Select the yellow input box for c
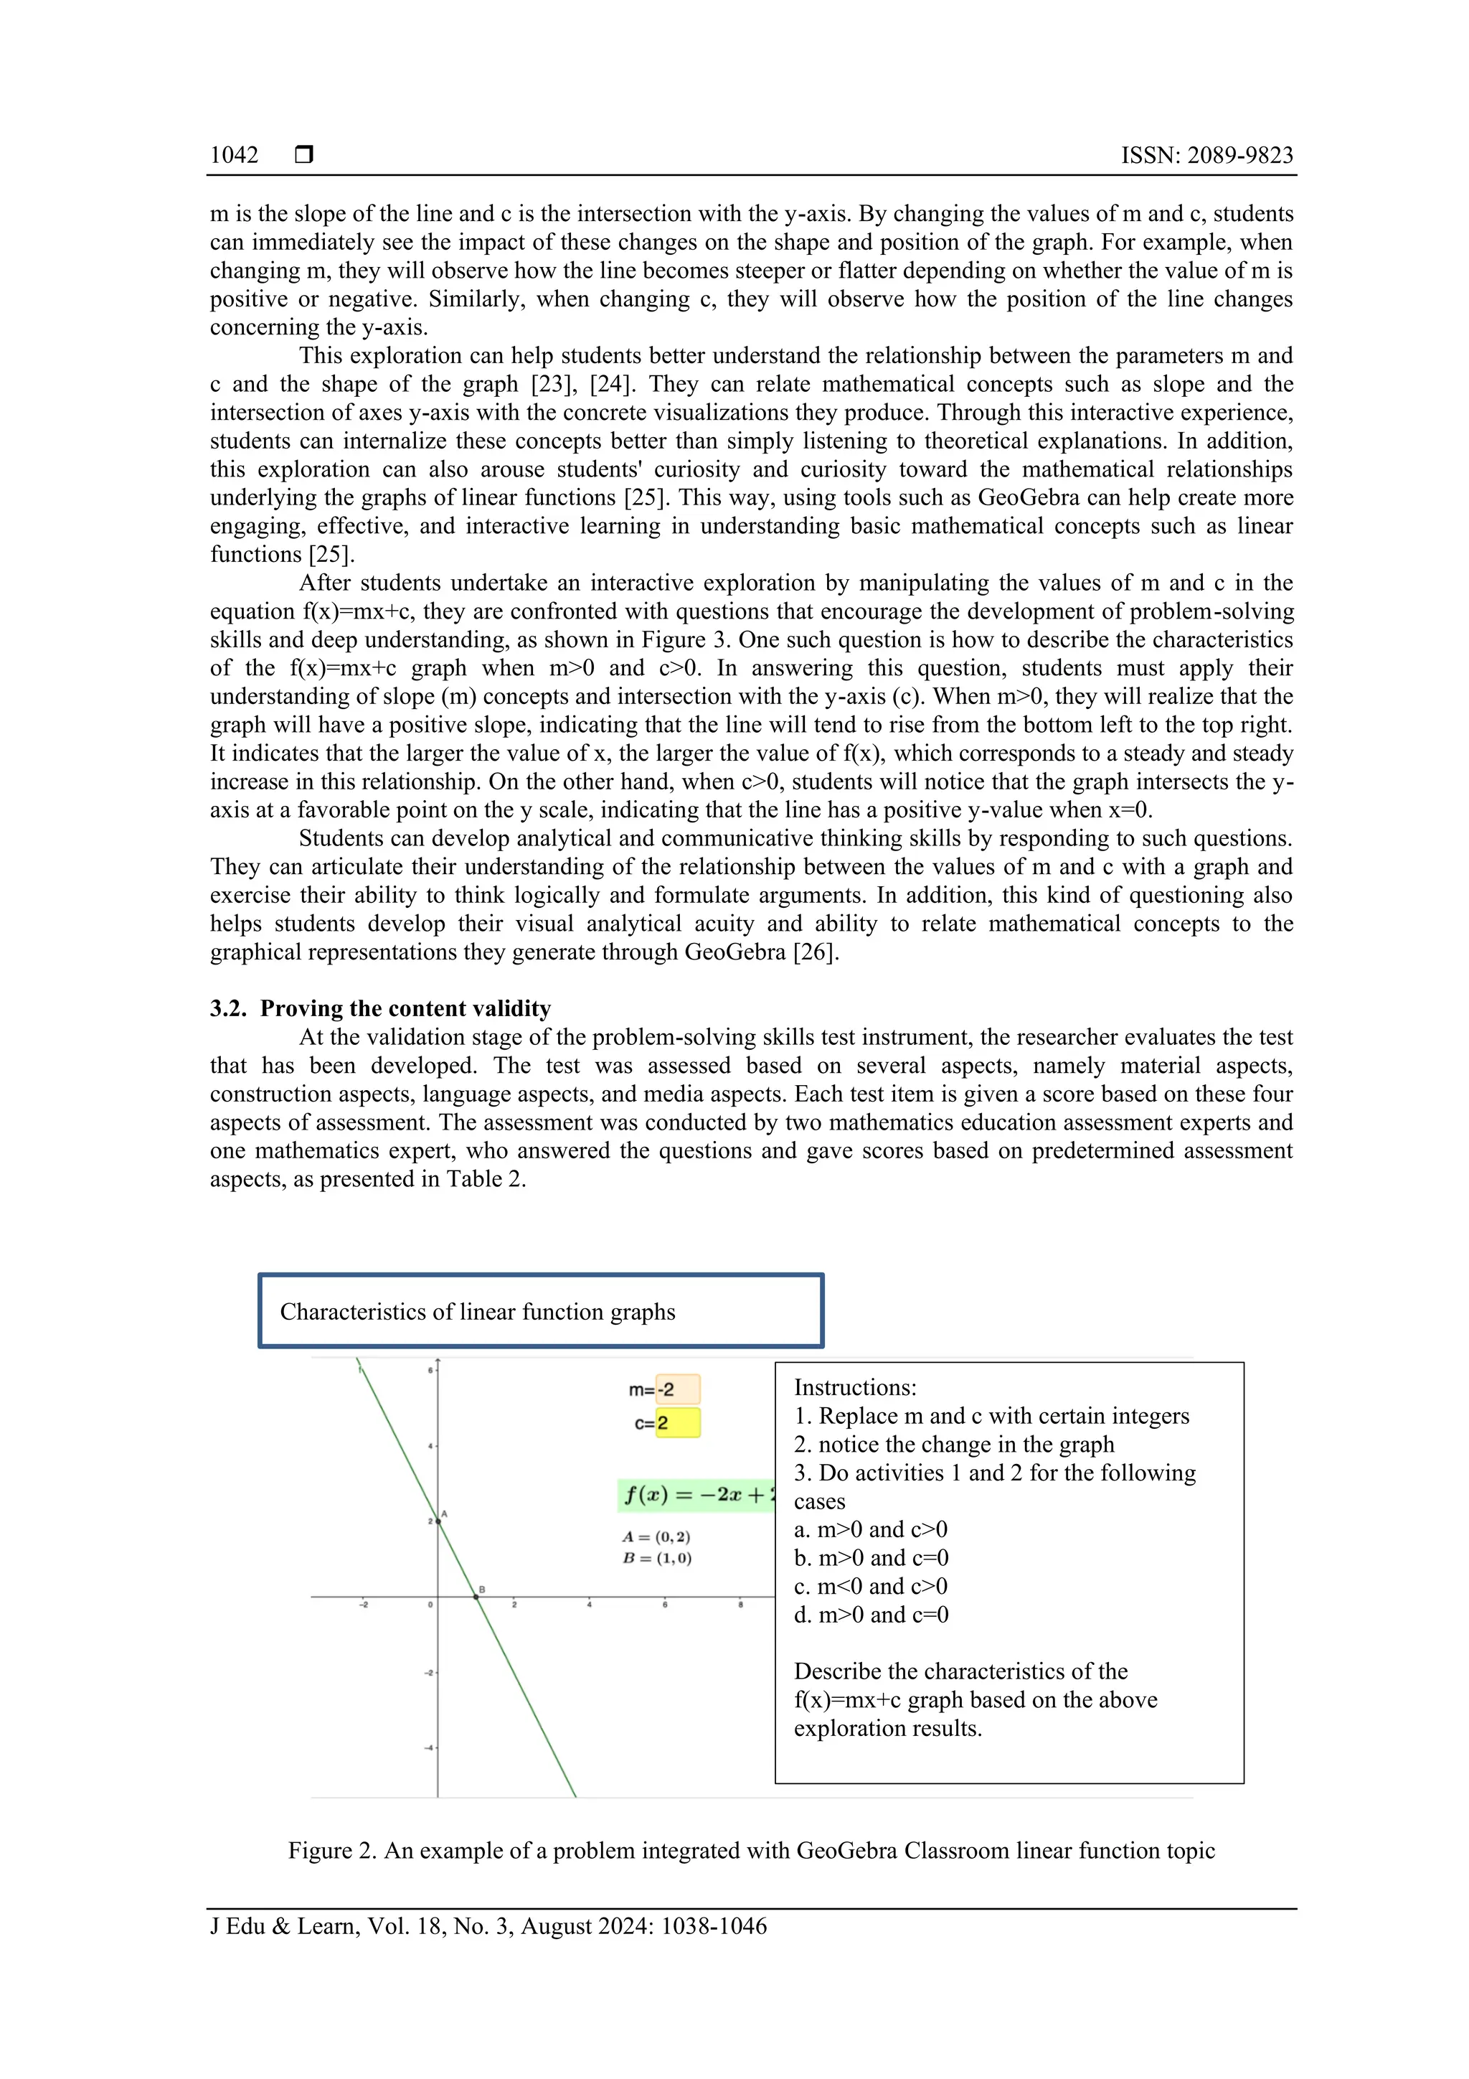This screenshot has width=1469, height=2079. click(x=677, y=1422)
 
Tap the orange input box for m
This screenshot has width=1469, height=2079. click(x=677, y=1389)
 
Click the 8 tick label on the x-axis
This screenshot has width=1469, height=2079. click(x=740, y=1605)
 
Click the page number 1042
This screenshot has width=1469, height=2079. click(x=234, y=155)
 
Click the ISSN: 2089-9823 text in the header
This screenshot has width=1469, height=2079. click(x=1206, y=155)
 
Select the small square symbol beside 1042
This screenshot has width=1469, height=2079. click(x=304, y=155)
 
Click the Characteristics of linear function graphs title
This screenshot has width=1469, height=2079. click(x=477, y=1311)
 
